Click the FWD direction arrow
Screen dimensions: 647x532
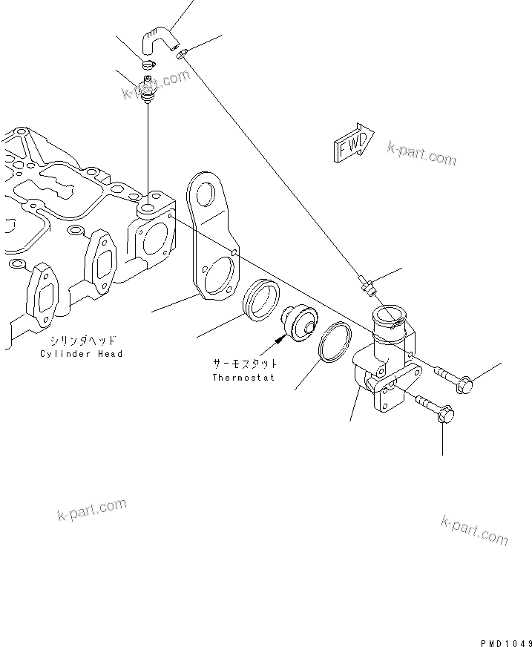pyautogui.click(x=354, y=143)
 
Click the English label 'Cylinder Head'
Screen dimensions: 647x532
pyautogui.click(x=82, y=354)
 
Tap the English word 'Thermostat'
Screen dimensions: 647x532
pyautogui.click(x=243, y=377)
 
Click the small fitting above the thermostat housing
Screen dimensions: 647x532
pyautogui.click(x=364, y=282)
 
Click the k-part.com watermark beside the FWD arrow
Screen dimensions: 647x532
pyautogui.click(x=421, y=153)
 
